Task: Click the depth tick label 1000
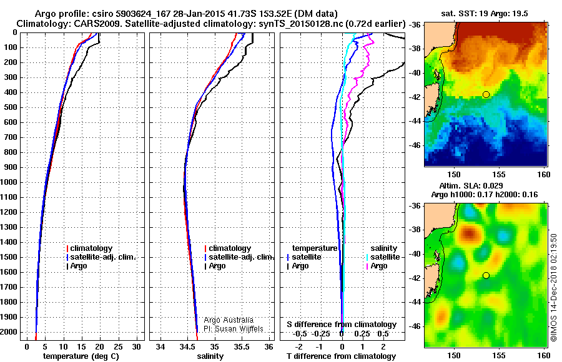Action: click(x=9, y=182)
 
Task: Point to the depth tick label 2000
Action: click(x=9, y=332)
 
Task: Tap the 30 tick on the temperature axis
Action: click(x=136, y=346)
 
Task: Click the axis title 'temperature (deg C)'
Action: click(x=81, y=356)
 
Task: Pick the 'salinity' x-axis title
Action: click(x=210, y=356)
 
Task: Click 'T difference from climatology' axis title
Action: click(x=341, y=356)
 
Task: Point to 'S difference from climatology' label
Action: click(x=342, y=325)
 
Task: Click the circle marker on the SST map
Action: click(x=486, y=95)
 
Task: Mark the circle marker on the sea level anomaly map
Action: click(x=486, y=275)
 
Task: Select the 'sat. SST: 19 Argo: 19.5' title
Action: click(x=484, y=14)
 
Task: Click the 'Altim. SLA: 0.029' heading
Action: click(x=471, y=185)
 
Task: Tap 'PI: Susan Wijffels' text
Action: click(x=234, y=329)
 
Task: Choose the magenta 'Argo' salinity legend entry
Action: click(x=377, y=266)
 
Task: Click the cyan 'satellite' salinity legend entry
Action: click(x=383, y=257)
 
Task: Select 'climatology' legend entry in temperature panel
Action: click(x=89, y=248)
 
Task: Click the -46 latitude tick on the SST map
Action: click(x=415, y=145)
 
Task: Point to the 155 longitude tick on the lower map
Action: click(x=499, y=355)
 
